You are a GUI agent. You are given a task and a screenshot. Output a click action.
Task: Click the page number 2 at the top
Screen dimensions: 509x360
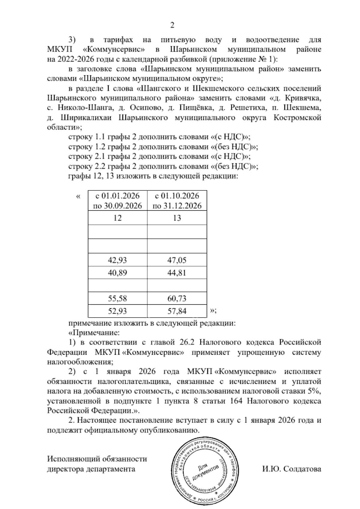point(172,26)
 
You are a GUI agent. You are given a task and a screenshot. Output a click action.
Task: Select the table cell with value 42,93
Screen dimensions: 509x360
point(117,260)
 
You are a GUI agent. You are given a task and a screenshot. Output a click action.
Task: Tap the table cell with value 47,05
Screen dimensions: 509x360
point(177,260)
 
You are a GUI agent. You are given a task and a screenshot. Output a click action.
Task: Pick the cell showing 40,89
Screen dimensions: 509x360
point(117,273)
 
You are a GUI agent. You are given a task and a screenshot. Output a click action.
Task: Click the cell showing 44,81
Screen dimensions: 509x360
point(177,273)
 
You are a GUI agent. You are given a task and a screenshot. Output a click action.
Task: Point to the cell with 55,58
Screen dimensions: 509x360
point(117,298)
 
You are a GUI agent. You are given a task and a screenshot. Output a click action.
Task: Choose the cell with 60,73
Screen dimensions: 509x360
point(177,298)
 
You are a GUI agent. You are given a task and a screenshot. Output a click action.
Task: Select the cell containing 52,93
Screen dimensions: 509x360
point(117,311)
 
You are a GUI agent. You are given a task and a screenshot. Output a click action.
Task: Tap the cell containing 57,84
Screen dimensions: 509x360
point(177,311)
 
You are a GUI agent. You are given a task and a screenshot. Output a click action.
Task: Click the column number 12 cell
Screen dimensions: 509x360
point(117,218)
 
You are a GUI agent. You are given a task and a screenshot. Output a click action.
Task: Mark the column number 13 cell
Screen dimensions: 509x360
point(177,218)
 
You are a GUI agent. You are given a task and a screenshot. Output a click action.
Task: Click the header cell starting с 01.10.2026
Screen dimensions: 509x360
point(177,201)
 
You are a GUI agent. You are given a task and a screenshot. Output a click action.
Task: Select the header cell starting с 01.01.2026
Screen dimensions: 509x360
point(117,201)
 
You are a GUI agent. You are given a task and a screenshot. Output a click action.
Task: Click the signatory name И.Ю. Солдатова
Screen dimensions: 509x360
point(291,469)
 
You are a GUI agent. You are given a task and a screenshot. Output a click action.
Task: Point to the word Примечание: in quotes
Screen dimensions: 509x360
point(94,333)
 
